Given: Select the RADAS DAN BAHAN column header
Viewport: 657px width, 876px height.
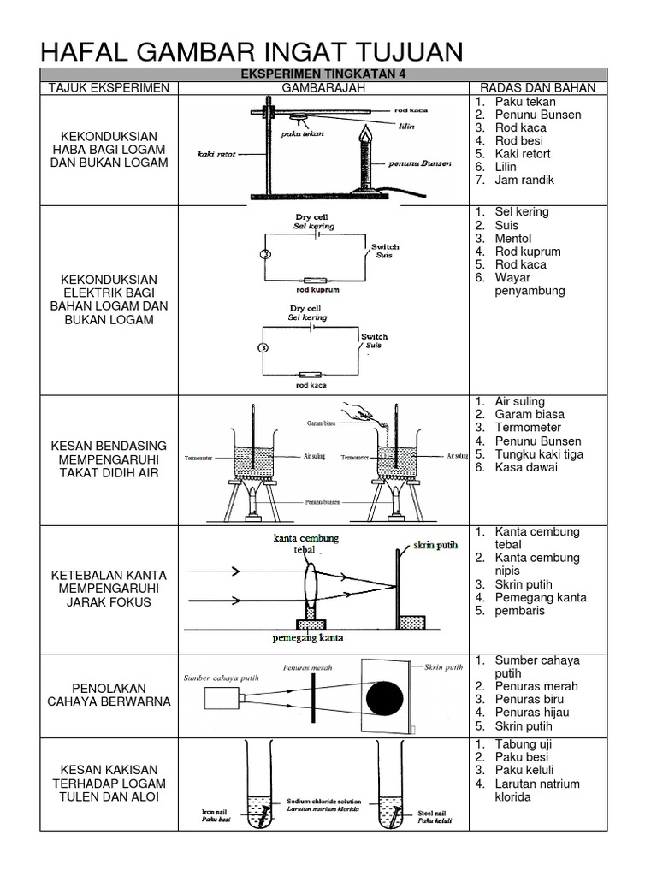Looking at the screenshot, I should click(537, 88).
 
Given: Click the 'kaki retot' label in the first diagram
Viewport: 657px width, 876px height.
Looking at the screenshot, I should click(216, 154).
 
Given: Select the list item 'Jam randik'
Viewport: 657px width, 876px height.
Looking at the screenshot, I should click(524, 181).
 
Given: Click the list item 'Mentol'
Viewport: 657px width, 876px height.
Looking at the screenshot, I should click(513, 238).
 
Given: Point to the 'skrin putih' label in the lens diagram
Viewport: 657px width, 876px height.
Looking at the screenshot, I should click(435, 545).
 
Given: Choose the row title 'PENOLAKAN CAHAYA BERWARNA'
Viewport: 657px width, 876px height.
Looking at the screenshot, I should click(109, 695).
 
